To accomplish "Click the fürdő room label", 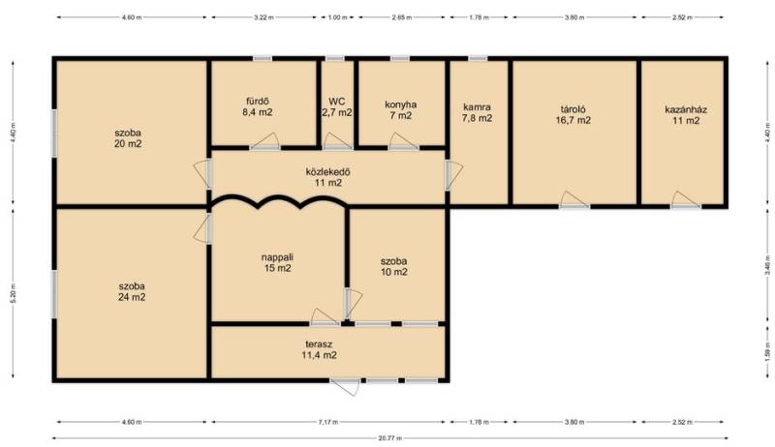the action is click(x=257, y=107).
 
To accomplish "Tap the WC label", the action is click(x=337, y=107).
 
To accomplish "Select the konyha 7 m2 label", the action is click(x=400, y=110).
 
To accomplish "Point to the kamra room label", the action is click(x=477, y=112).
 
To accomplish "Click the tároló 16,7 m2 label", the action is click(x=573, y=114).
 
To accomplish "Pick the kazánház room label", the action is click(x=686, y=115).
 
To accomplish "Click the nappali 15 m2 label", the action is click(x=277, y=262).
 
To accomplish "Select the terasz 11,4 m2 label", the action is click(x=319, y=349).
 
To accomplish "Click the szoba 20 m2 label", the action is click(x=128, y=138).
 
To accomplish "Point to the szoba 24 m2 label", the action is click(x=132, y=291).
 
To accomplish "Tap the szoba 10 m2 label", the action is click(x=394, y=266).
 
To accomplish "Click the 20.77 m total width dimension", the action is click(x=390, y=438).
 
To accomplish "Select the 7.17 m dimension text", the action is click(x=328, y=422).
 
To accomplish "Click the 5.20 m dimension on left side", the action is click(x=13, y=293).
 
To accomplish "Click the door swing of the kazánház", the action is click(x=685, y=199).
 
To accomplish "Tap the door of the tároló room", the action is click(x=573, y=199).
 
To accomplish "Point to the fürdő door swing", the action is click(x=264, y=141).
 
